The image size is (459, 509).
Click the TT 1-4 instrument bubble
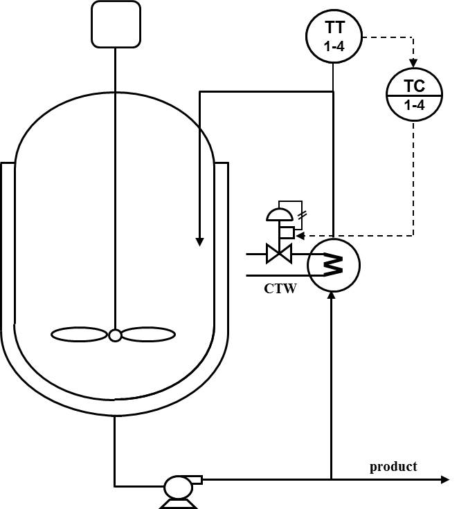[334, 37]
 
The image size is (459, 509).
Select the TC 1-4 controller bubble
[413, 95]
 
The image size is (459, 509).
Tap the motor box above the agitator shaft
[116, 24]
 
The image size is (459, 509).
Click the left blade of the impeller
[80, 335]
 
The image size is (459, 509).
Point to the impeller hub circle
[115, 335]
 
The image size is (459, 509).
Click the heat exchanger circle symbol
[334, 264]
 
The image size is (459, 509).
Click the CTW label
[280, 288]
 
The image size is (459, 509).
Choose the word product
[393, 466]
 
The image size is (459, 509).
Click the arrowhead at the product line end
[445, 479]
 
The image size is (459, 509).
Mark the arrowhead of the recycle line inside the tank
[199, 241]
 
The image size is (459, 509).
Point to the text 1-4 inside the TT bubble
[334, 48]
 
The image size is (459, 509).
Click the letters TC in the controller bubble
[413, 86]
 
